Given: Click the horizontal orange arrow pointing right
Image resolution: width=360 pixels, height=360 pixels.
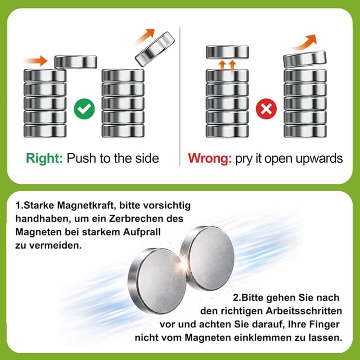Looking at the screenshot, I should (x=35, y=59).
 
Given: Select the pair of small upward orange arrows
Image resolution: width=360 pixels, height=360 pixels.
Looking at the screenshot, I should (x=227, y=65).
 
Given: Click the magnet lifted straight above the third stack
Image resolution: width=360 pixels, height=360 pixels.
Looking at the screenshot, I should (x=227, y=52).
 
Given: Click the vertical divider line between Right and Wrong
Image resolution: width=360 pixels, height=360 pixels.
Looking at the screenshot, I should (x=180, y=96).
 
